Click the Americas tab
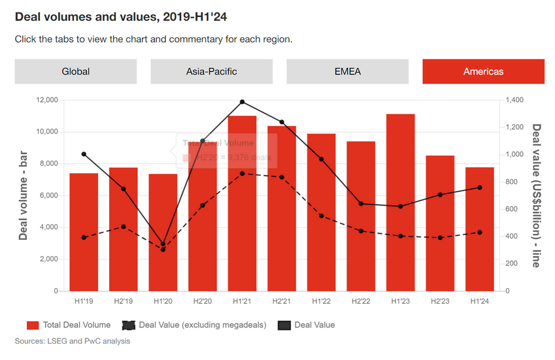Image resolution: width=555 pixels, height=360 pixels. point(483,71)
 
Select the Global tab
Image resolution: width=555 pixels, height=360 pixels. point(76,71)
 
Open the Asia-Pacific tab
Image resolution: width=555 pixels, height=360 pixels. point(211,71)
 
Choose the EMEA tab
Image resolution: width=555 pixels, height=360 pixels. point(347,71)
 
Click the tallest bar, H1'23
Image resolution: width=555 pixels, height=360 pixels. point(400,203)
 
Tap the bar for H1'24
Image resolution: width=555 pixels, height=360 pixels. point(479,229)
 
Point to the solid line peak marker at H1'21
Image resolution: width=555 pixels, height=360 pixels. point(242,102)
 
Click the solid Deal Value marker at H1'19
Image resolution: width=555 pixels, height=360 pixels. point(84,154)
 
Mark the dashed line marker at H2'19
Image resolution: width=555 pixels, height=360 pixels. point(124,227)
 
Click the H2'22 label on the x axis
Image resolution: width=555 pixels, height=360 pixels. point(361,301)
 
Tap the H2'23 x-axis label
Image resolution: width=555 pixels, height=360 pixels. point(440,301)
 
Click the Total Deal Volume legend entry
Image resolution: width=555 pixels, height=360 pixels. point(69,325)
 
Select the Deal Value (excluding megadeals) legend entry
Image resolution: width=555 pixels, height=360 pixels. point(183,325)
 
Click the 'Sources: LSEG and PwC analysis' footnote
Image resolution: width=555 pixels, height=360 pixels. point(73,341)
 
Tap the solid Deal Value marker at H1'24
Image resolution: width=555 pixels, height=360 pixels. point(479,188)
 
